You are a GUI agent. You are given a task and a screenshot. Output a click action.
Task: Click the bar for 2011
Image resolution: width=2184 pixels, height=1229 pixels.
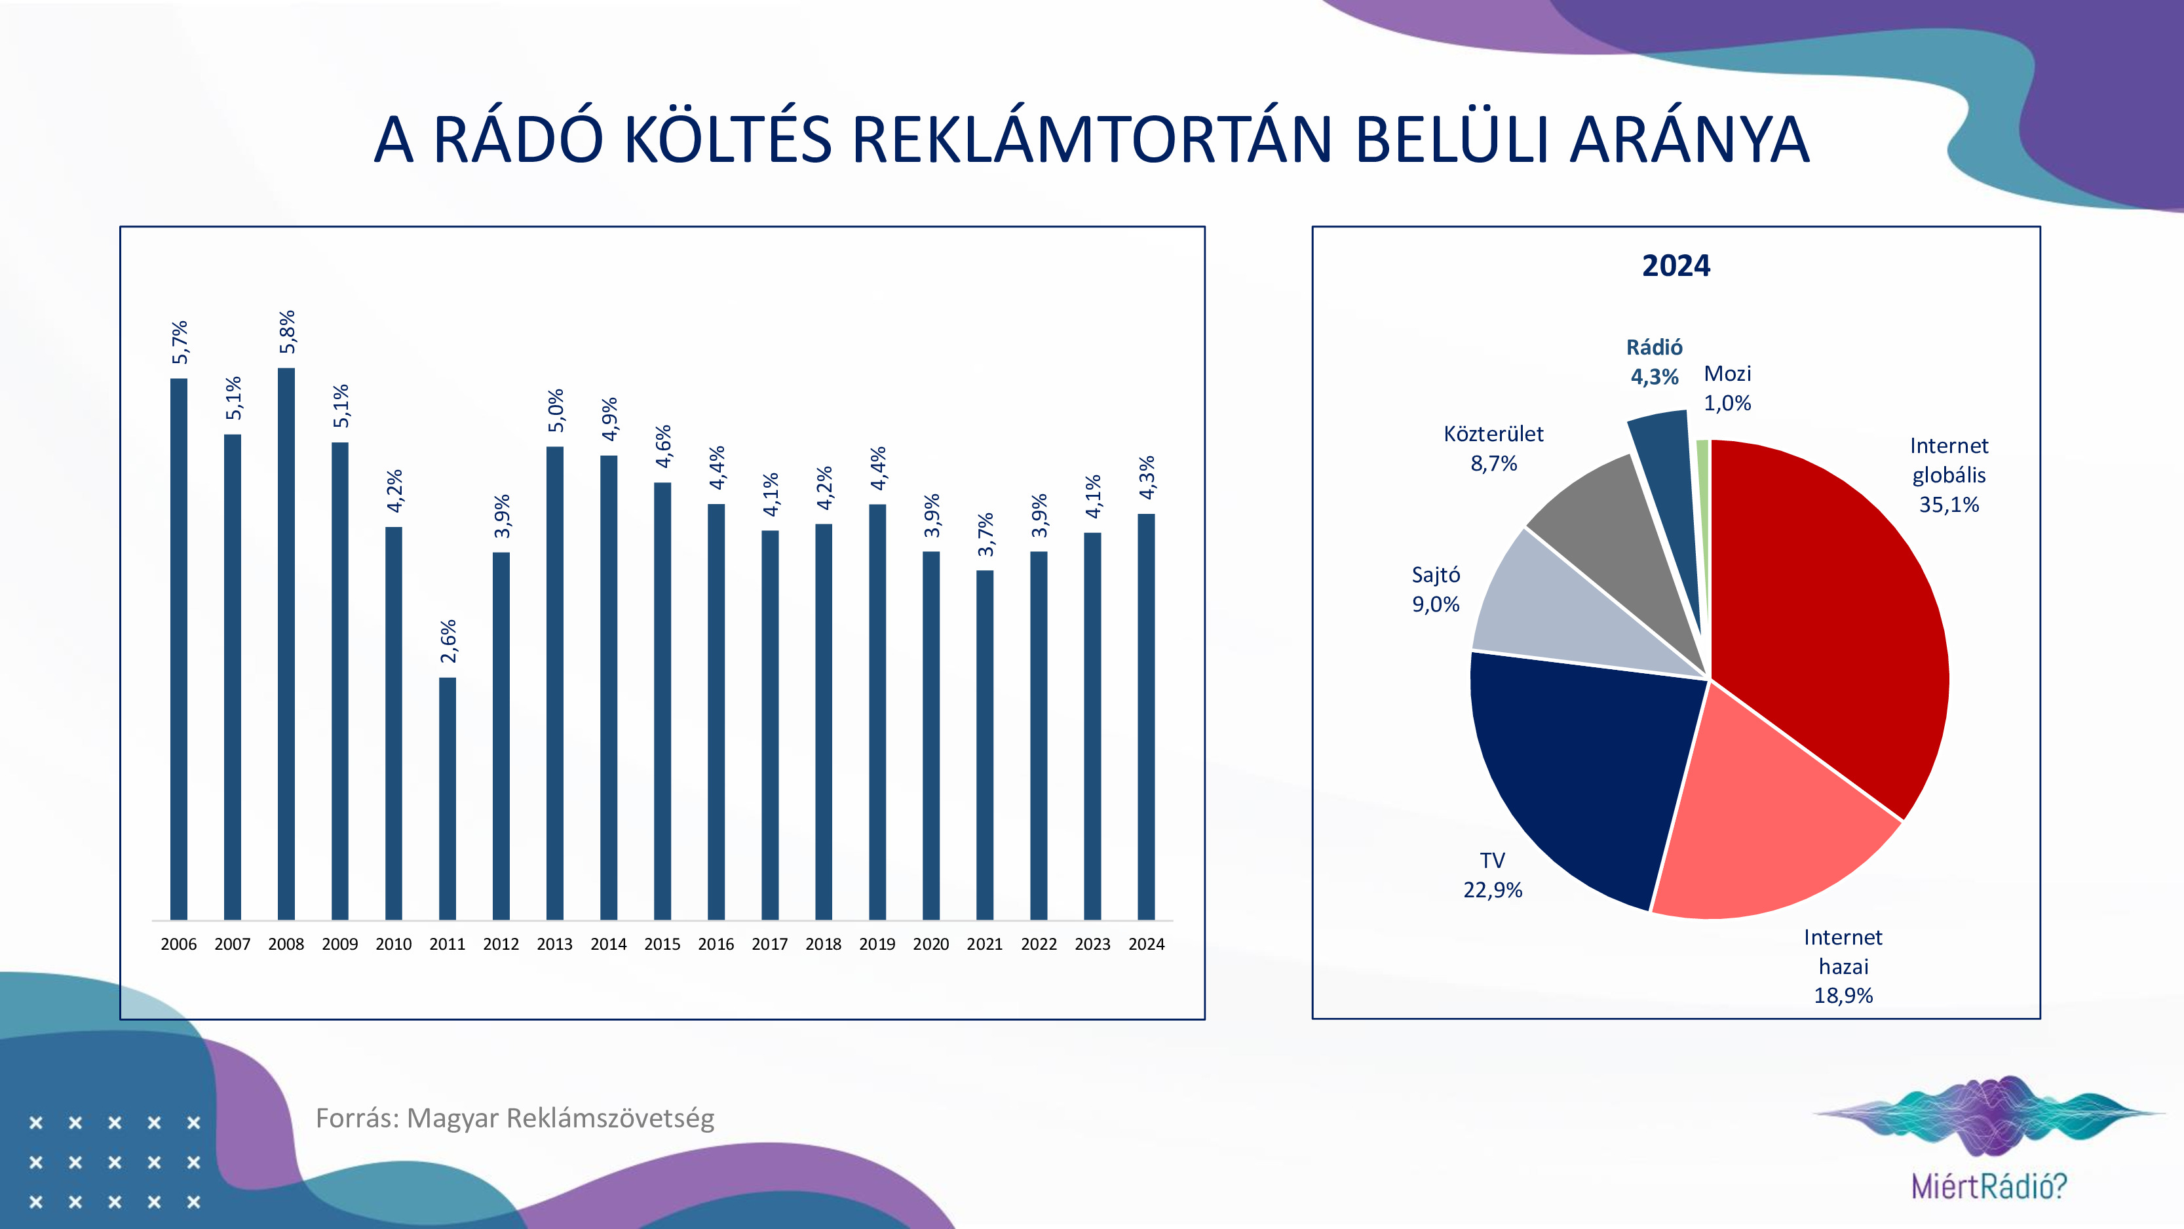[448, 797]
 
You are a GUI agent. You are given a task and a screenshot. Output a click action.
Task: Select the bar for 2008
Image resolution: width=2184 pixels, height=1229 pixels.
[286, 644]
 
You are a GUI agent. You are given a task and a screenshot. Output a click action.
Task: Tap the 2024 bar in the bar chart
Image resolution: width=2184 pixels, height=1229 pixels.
[1146, 716]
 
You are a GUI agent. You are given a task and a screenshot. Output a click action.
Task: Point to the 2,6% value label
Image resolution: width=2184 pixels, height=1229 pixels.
[448, 641]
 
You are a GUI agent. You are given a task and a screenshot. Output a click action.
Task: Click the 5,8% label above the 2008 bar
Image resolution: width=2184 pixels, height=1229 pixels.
[288, 332]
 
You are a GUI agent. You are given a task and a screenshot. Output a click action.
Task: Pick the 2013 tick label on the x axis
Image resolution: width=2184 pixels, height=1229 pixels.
[554, 944]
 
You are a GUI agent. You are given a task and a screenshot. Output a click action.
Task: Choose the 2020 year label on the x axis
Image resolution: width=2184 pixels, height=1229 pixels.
[931, 944]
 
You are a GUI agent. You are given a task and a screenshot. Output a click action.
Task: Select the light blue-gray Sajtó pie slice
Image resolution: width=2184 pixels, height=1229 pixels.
[1560, 619]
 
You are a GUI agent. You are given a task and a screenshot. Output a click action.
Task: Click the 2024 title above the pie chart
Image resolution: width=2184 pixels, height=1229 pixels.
[1676, 265]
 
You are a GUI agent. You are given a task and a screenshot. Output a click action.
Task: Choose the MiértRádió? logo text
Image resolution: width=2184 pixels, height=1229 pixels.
[1989, 1186]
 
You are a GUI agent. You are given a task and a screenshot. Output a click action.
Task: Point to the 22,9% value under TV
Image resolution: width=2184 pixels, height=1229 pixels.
[1493, 889]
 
